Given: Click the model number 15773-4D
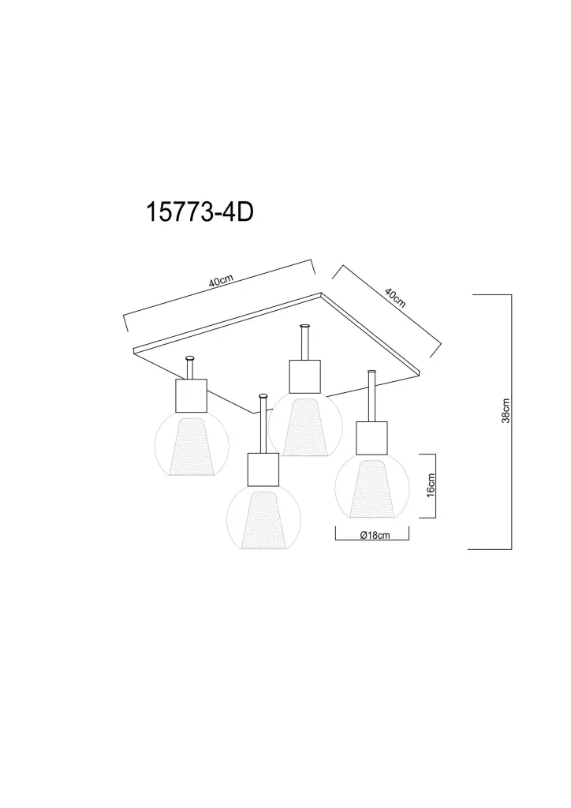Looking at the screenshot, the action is point(200,211).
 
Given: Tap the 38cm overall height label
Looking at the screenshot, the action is point(506,410).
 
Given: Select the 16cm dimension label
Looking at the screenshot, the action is point(431,485).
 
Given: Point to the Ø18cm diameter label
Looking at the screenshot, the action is point(375,535).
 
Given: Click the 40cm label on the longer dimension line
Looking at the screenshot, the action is point(222,281).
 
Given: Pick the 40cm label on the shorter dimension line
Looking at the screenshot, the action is point(395,297).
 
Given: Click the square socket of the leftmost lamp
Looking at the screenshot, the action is point(192,396).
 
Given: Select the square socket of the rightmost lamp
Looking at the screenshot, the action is point(371,438).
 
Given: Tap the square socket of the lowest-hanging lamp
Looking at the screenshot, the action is point(263,469).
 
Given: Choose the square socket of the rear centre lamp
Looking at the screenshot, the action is point(304,376).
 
